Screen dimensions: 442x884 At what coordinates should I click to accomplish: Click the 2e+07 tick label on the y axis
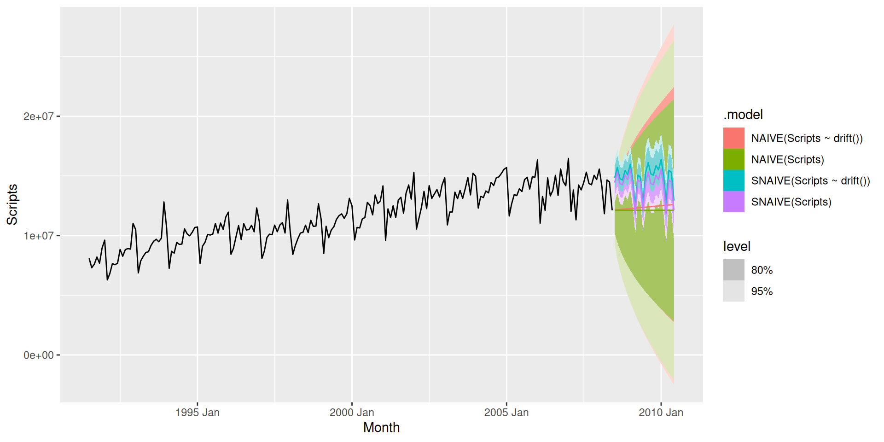click(38, 116)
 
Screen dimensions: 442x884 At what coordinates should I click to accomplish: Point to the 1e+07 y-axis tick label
click(38, 236)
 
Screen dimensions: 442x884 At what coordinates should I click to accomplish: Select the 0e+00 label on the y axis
click(38, 355)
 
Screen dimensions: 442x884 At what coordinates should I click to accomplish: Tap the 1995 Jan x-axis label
click(198, 413)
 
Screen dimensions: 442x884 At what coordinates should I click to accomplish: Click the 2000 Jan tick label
click(352, 413)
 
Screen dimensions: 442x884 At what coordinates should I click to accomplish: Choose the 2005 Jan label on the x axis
click(506, 413)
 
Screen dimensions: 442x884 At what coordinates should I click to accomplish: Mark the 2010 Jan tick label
click(661, 413)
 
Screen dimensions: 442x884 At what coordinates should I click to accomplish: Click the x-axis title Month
click(381, 428)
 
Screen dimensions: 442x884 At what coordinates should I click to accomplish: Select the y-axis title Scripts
click(12, 204)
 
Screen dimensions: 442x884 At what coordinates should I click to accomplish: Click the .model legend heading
click(743, 115)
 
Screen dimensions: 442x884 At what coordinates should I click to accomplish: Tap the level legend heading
click(737, 246)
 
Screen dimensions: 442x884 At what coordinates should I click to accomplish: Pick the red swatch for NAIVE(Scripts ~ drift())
click(734, 138)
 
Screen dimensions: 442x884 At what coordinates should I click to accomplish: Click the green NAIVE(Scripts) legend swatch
click(734, 159)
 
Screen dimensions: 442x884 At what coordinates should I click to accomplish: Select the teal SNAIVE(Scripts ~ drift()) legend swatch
click(734, 180)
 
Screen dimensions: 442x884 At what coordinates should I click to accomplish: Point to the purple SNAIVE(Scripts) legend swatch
click(734, 202)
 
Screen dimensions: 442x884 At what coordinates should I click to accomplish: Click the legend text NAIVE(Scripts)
click(788, 159)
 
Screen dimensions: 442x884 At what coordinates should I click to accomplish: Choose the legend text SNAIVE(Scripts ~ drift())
click(811, 180)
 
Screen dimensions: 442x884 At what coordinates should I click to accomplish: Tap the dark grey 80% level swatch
click(734, 270)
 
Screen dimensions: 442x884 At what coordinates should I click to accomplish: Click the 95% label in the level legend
click(762, 291)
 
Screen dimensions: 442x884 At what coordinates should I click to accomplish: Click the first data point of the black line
click(89, 259)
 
